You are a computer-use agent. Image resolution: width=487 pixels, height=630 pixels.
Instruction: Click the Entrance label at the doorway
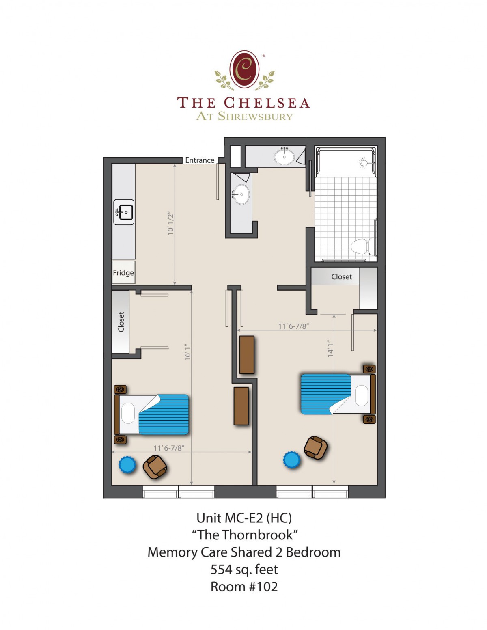pos(200,160)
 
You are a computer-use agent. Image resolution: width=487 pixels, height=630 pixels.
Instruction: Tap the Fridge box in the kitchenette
pos(123,272)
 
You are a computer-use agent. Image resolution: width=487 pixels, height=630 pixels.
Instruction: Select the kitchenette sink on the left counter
pos(124,212)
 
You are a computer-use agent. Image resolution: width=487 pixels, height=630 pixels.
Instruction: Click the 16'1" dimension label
pos(187,352)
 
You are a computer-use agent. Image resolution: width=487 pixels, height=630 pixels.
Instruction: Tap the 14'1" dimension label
pos(330,348)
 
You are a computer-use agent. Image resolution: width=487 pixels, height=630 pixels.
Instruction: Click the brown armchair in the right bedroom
pos(315,448)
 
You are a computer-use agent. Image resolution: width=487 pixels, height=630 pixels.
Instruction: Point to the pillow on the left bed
pos(128,413)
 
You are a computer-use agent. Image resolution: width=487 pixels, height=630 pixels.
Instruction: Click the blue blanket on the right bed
pos(325,394)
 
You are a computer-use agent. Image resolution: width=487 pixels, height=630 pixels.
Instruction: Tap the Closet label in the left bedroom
pos(121,322)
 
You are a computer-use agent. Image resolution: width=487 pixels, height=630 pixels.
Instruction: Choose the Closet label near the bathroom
pos(342,276)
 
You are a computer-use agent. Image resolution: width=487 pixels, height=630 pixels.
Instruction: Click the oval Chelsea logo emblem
pos(244,69)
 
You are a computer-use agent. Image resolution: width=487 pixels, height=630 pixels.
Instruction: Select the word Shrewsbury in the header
pos(255,116)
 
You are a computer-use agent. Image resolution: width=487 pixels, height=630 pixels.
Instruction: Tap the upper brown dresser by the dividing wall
pos(247,354)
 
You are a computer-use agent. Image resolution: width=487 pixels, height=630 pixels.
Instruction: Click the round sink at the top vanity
pos(284,157)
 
